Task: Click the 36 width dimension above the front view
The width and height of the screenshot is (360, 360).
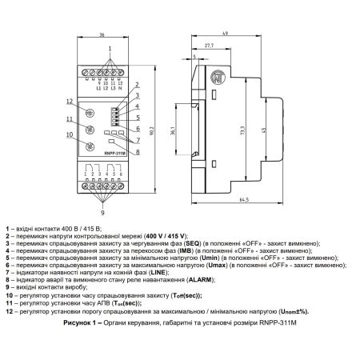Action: point(102,34)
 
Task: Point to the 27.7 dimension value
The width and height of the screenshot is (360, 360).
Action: point(209,46)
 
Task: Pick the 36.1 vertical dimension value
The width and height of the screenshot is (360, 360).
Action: point(173,130)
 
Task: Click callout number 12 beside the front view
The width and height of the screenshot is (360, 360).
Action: point(70,102)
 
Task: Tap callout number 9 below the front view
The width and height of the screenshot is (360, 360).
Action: point(102,213)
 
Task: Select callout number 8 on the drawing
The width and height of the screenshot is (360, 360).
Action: point(138,152)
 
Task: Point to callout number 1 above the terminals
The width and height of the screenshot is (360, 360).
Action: point(110,49)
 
